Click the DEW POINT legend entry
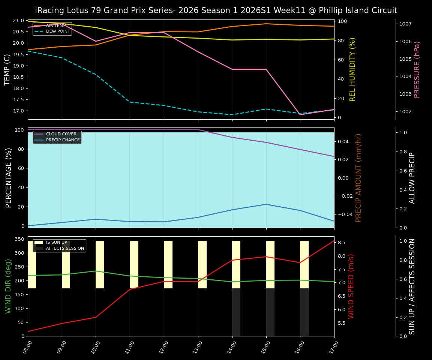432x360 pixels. [x=58, y=31]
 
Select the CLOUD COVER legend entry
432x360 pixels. [x=61, y=134]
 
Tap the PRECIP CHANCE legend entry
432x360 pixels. [x=63, y=140]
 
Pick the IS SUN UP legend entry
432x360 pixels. [x=56, y=243]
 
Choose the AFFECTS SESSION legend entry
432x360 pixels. [x=65, y=248]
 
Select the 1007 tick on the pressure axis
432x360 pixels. [x=406, y=24]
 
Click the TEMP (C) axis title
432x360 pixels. [x=7, y=69]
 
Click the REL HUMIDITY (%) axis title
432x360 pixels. [x=352, y=69]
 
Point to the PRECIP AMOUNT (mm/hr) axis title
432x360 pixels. [x=358, y=178]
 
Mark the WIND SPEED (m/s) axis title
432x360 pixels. [x=351, y=286]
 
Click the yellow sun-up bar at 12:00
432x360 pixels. [x=168, y=264]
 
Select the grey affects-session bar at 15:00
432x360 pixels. [x=270, y=312]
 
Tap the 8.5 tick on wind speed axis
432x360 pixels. [x=342, y=243]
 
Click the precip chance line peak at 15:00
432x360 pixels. [x=266, y=204]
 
